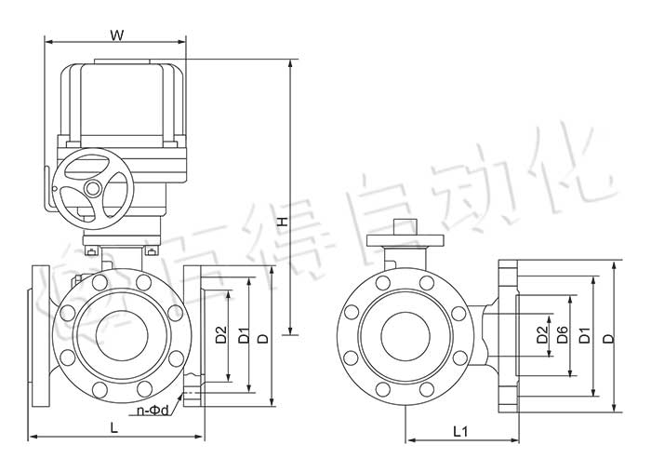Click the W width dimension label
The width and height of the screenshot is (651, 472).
(116, 35)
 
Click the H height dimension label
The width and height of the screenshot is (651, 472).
(281, 222)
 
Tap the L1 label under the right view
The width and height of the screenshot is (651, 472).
(460, 431)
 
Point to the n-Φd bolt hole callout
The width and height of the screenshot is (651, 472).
(153, 410)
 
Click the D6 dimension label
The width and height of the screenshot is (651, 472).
(562, 335)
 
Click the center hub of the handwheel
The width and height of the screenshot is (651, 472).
(92, 189)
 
